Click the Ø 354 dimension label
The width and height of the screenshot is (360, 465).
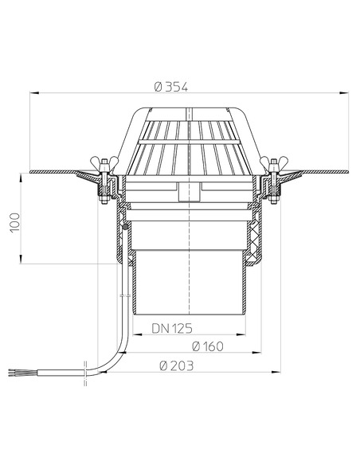click(x=171, y=88)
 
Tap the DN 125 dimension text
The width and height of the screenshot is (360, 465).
click(x=172, y=328)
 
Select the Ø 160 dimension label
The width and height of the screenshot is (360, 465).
click(x=208, y=346)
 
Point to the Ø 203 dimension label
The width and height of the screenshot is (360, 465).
click(x=177, y=365)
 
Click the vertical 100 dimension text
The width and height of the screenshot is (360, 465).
click(x=15, y=222)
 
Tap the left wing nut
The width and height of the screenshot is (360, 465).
click(x=104, y=162)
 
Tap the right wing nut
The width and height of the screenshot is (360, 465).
click(x=273, y=162)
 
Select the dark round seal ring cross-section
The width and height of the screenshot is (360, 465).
click(x=126, y=227)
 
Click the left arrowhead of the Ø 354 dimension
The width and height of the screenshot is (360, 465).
click(x=34, y=93)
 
